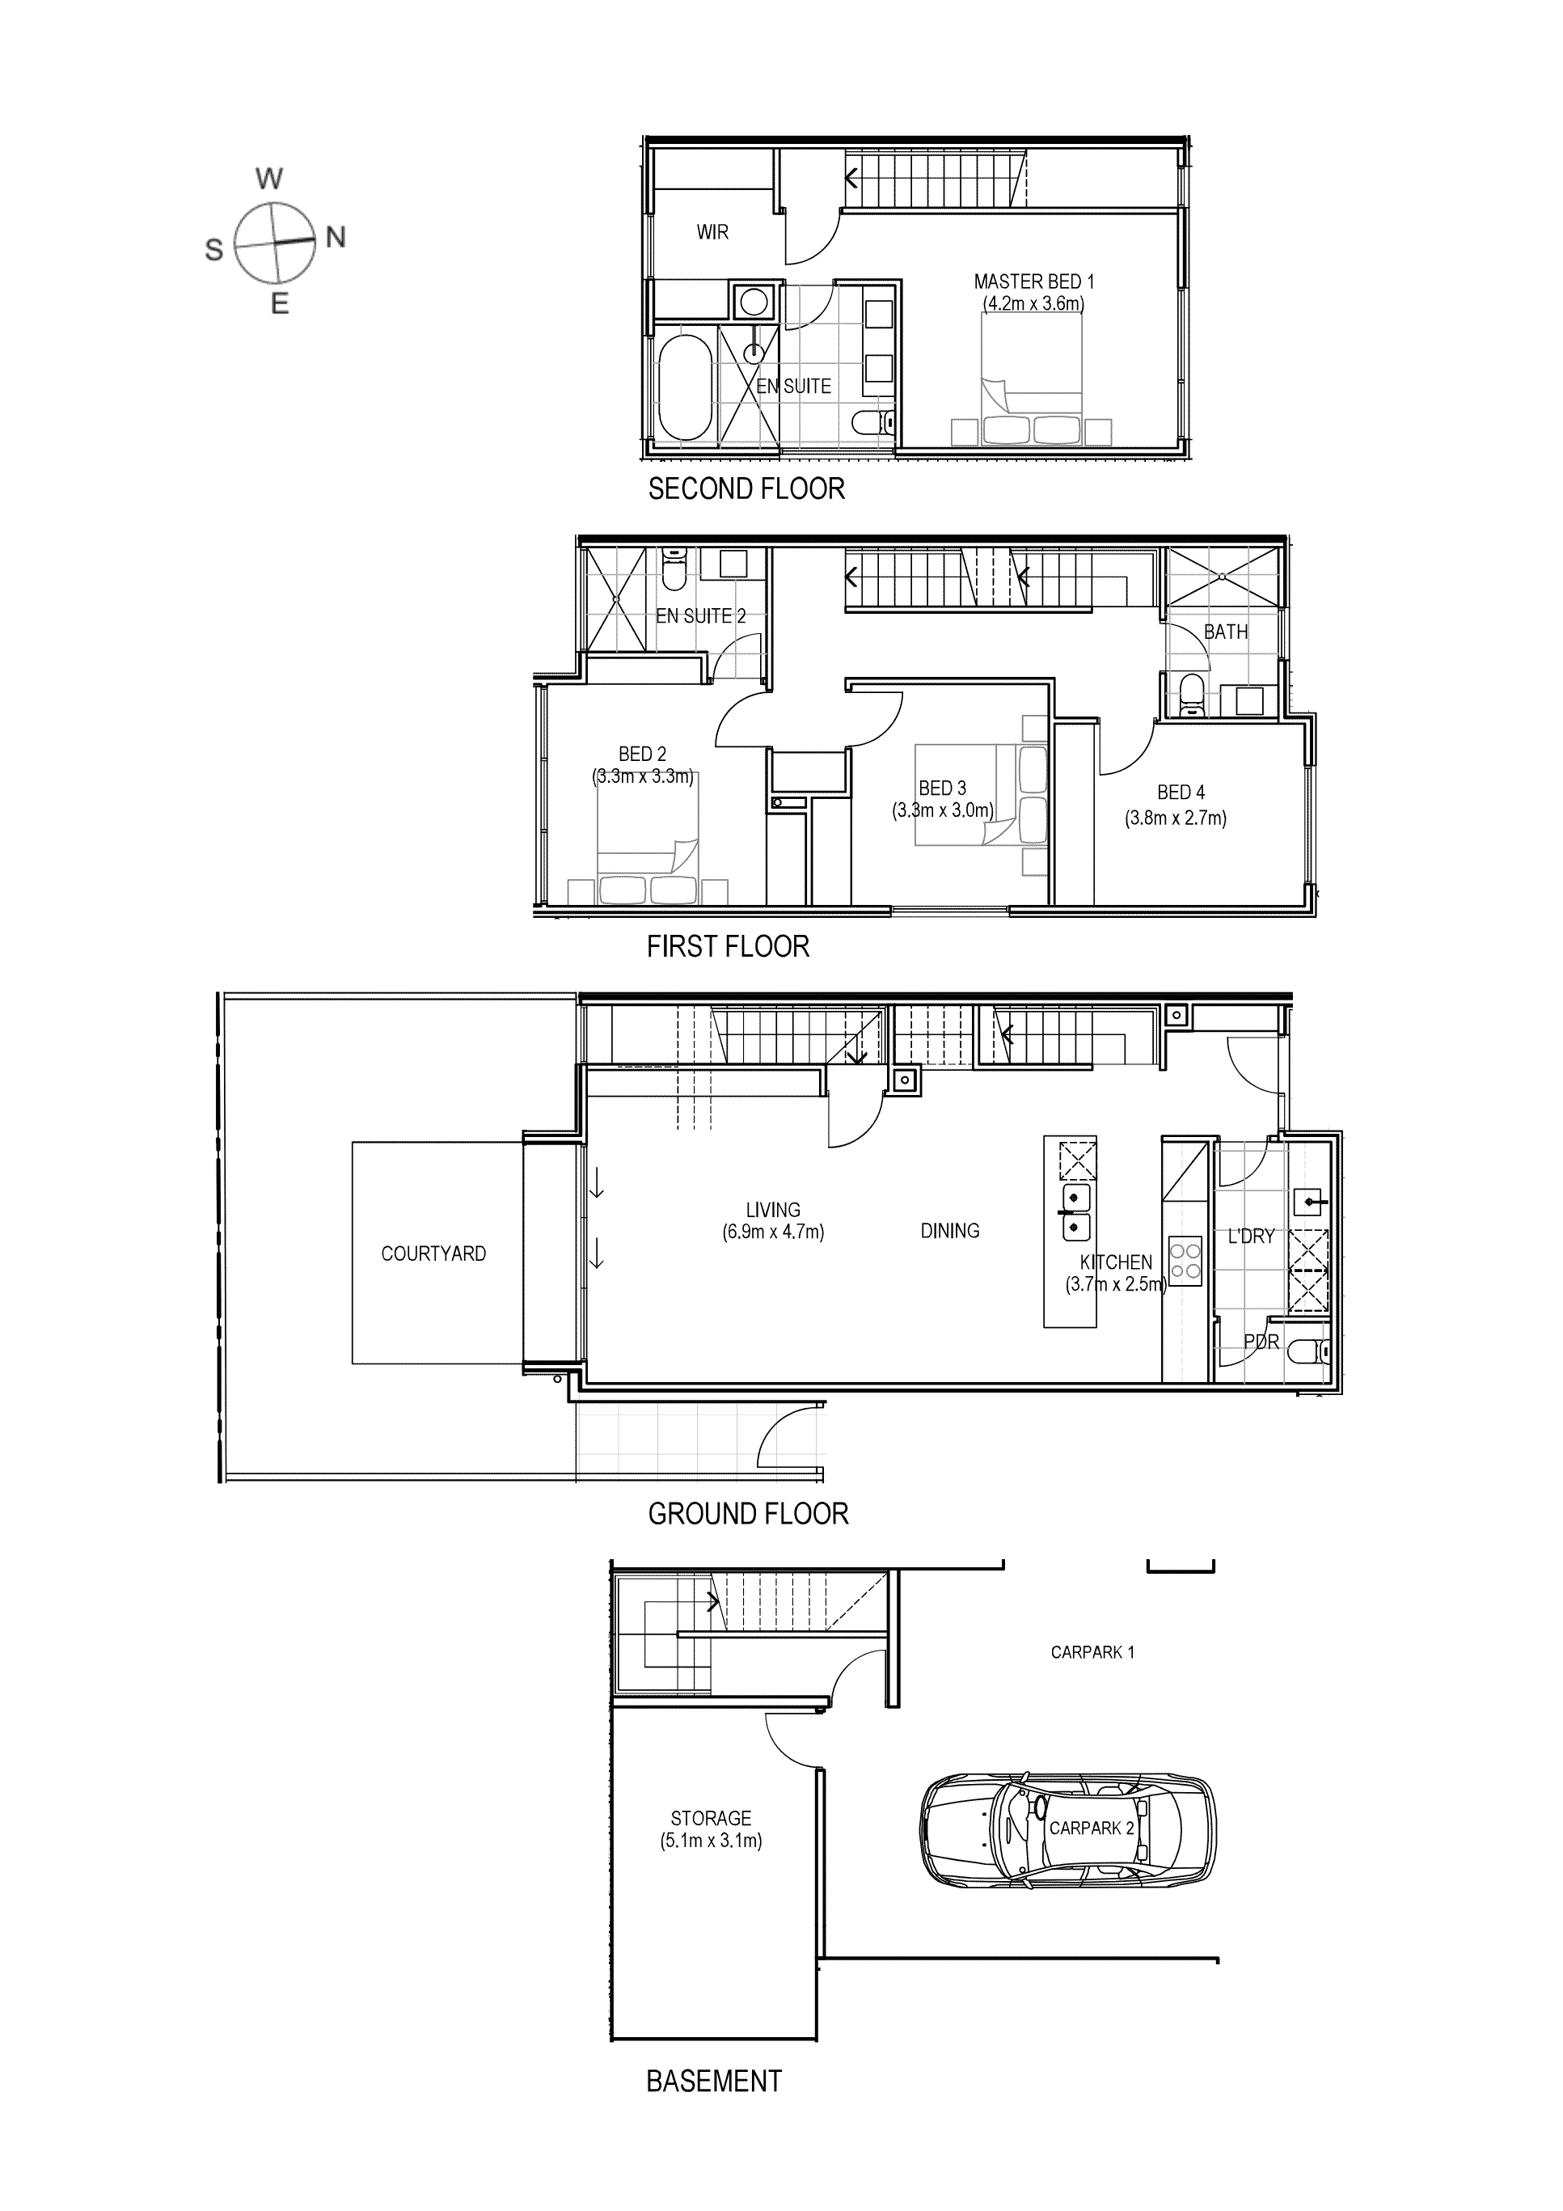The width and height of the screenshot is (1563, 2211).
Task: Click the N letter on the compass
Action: tap(335, 237)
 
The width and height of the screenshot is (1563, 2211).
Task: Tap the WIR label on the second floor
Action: tap(712, 232)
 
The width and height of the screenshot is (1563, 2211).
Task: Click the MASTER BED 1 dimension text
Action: tap(1033, 304)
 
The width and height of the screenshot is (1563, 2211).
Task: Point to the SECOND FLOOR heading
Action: tap(746, 489)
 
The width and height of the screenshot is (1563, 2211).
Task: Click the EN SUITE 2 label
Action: tap(700, 616)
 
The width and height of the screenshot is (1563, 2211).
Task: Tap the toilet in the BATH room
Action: tap(1191, 695)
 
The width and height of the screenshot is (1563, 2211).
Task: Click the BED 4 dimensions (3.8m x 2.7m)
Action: tap(1175, 818)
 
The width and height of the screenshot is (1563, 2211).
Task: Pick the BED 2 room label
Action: tap(642, 754)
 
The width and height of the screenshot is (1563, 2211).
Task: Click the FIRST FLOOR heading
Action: tap(727, 947)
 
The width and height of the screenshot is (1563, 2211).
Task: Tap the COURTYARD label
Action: tap(433, 1253)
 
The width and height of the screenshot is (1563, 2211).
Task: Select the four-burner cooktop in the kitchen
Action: tap(1185, 1262)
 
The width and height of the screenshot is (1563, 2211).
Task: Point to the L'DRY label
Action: tap(1250, 1237)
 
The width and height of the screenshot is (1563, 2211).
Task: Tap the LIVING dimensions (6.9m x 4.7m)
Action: tap(773, 1232)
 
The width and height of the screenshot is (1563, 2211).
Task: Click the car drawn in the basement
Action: tap(1068, 1828)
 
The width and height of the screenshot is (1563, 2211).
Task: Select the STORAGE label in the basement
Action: tap(711, 1818)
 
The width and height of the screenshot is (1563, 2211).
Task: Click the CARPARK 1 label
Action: tap(1092, 1652)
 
